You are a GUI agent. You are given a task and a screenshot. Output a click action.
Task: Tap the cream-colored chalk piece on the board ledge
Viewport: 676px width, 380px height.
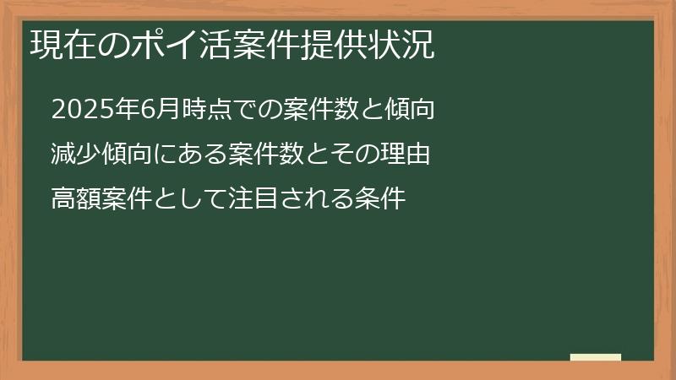(x=596, y=357)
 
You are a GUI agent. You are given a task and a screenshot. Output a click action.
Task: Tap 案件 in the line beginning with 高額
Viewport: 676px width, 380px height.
(x=121, y=200)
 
